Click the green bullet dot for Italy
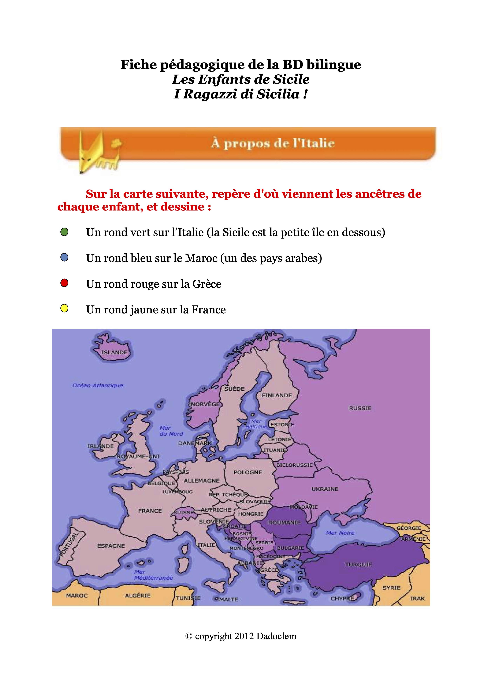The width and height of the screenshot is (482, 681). click(x=64, y=232)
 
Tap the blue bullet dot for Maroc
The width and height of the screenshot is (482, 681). click(x=64, y=257)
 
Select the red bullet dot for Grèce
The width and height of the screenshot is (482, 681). click(x=64, y=283)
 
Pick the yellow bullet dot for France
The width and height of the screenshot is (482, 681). click(x=64, y=309)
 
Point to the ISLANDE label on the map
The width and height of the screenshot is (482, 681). click(x=114, y=352)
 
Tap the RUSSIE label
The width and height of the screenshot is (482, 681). click(x=360, y=408)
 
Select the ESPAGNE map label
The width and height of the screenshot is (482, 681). click(x=111, y=546)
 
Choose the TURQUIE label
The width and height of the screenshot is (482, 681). click(x=358, y=564)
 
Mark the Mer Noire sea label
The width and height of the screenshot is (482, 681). click(x=340, y=533)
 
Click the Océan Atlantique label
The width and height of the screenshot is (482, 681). click(x=97, y=385)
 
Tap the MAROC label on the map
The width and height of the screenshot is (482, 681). click(x=77, y=596)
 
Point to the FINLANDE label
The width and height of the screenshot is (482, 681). click(x=277, y=395)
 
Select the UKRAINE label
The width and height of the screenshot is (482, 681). click(x=325, y=489)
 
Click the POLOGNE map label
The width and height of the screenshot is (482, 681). click(x=248, y=472)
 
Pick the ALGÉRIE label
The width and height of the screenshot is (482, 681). click(x=138, y=596)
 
